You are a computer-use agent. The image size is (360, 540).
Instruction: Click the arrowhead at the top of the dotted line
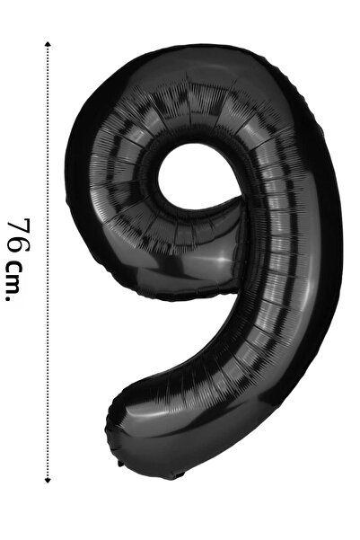pos(48,44)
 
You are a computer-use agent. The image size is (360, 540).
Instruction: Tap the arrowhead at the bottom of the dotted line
pos(48,480)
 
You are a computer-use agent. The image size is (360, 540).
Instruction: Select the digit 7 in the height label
pos(19,226)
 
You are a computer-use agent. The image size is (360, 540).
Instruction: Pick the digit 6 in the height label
pos(19,246)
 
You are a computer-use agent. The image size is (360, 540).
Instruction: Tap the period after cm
pos(9,299)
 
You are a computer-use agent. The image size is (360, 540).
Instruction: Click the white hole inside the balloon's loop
pos(197,176)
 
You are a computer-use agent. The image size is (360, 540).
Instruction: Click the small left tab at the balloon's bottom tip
pos(120,464)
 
